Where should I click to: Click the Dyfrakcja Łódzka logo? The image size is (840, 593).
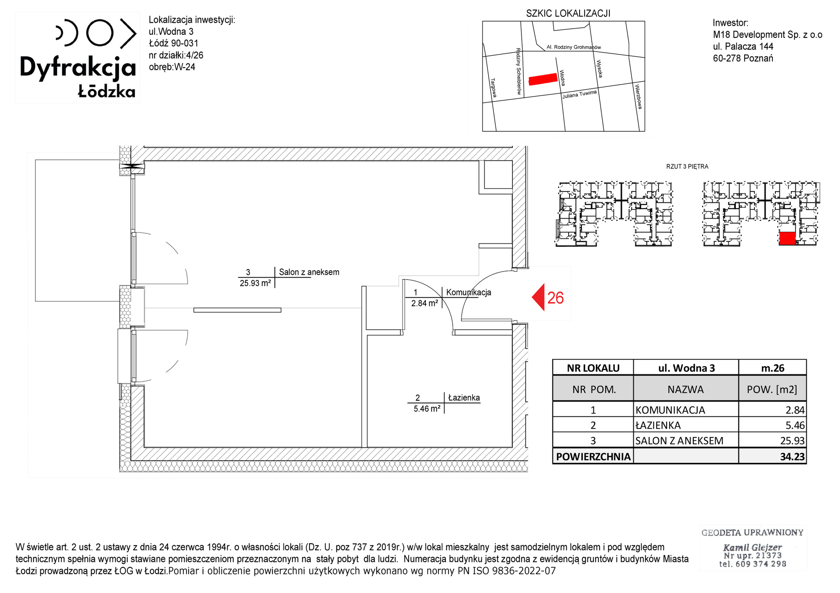78,58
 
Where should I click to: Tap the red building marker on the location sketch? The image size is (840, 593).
543,79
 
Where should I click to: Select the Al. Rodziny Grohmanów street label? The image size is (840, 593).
574,47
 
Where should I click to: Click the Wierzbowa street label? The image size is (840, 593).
638,97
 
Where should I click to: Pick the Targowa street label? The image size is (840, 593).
493,88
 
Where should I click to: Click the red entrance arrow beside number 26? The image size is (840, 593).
538,297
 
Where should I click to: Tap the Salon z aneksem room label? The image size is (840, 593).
309,272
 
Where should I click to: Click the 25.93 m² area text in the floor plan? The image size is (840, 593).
255,283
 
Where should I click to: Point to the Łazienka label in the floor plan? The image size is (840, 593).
464,397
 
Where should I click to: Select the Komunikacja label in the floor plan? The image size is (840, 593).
469,292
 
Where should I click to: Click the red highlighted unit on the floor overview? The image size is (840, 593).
787,238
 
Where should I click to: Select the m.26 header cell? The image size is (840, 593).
773,368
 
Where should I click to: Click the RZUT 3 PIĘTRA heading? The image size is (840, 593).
687,167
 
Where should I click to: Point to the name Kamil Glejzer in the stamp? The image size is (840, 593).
752,547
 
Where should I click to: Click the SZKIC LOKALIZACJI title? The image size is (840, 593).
568,13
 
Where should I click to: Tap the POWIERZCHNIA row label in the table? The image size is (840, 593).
593,457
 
